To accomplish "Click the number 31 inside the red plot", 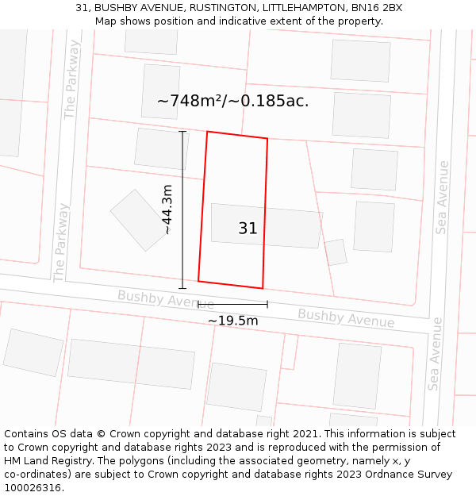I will (248, 229).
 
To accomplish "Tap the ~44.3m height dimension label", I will (167, 210).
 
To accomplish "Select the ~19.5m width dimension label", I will (232, 321).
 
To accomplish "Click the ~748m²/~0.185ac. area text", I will (232, 102).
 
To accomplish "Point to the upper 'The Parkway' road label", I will (72, 79).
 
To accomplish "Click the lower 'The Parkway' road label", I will (60, 242).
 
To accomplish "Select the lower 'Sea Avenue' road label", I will (436, 354).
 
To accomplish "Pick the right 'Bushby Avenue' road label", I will (346, 317).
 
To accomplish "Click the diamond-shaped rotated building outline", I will (140, 220).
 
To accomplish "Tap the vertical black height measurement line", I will (182, 210).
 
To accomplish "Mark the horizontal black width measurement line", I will (232, 303).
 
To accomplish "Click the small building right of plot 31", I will (336, 252).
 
